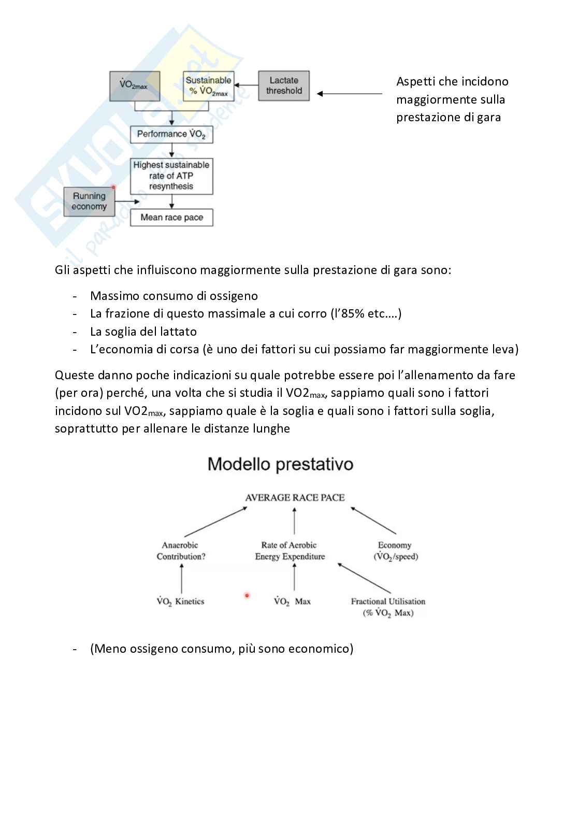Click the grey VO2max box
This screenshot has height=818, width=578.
point(135,86)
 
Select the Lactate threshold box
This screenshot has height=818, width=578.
point(284,85)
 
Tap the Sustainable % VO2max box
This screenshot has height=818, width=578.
point(208,86)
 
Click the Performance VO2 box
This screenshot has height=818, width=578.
point(171,134)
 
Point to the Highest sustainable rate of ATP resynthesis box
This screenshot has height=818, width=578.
point(171,176)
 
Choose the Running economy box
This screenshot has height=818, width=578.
point(89,202)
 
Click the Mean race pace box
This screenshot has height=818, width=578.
point(171,218)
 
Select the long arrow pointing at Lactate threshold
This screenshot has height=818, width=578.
point(350,94)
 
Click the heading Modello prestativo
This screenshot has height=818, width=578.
point(280,464)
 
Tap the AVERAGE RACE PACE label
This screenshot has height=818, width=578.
point(295,498)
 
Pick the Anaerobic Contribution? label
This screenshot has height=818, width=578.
point(181,551)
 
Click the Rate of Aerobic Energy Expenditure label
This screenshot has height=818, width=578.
point(290,551)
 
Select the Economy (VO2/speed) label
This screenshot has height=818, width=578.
point(395,551)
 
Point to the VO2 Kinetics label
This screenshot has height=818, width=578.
point(181,601)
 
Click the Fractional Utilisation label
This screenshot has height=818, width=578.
point(388,607)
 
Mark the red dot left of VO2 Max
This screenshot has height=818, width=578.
point(247,596)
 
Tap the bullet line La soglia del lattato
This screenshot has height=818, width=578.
point(143,332)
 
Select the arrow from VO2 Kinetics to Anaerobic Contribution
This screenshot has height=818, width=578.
point(181,579)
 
